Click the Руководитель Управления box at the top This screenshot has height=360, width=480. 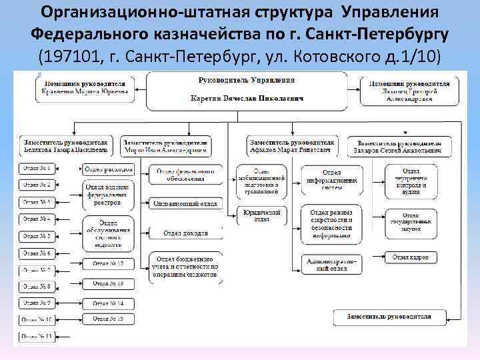247,89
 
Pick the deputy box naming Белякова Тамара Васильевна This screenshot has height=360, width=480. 65,147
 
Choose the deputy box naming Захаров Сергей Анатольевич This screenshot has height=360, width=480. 399,147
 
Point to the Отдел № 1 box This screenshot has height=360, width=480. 37,168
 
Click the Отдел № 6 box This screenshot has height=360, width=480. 37,253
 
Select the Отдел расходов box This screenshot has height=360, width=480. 109,169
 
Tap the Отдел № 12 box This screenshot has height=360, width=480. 108,263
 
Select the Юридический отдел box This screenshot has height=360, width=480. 262,215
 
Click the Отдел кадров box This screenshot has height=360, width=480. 411,257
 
